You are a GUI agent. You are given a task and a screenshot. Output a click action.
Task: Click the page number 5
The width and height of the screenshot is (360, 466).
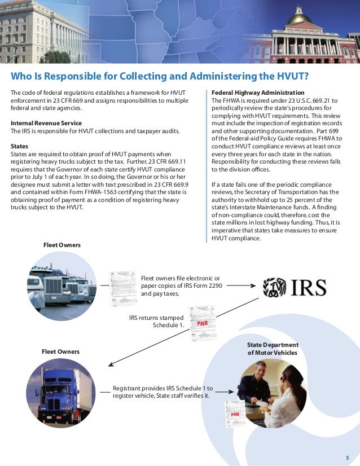pyautogui.click(x=347, y=457)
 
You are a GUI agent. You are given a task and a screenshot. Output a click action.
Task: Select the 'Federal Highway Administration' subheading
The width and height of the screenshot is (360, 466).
pyautogui.click(x=258, y=93)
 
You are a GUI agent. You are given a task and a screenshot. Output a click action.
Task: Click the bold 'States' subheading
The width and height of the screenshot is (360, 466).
pyautogui.click(x=20, y=145)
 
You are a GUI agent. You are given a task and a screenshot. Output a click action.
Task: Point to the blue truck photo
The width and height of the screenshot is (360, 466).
pyautogui.click(x=60, y=393)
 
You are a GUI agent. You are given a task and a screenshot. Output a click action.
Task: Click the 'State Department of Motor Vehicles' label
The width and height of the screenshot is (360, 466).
pyautogui.click(x=273, y=349)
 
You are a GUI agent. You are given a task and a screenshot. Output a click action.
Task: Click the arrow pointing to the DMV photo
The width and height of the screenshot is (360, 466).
pyautogui.click(x=223, y=392)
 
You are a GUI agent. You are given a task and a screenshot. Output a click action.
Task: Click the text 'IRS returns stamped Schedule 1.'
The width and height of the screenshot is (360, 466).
pyautogui.click(x=157, y=321)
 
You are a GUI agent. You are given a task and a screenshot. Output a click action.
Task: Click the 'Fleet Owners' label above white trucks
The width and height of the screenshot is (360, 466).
pyautogui.click(x=62, y=245)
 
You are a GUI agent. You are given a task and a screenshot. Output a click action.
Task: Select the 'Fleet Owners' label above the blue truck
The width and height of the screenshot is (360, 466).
pyautogui.click(x=60, y=351)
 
